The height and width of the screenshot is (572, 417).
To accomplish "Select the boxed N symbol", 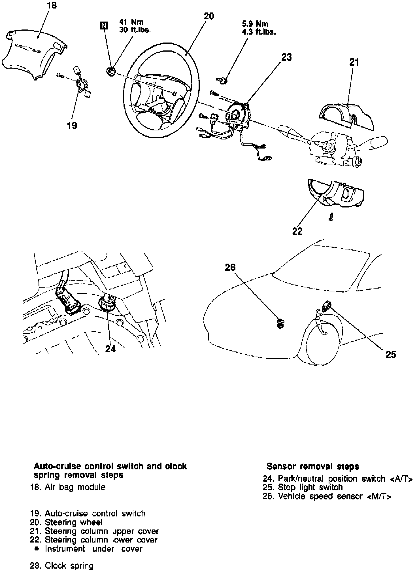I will (104, 26).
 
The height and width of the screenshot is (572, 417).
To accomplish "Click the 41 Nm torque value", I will (131, 22).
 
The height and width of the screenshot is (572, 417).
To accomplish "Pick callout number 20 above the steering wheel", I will (209, 16).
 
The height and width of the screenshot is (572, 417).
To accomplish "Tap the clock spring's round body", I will (237, 115).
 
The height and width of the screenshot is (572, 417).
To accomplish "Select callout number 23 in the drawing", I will (286, 57).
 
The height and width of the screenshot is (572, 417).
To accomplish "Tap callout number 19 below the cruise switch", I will (72, 125).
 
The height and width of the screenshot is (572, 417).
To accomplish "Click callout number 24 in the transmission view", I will (110, 349).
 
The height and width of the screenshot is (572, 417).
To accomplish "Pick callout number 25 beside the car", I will (391, 354).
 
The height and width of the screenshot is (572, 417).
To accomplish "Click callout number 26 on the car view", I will (230, 267).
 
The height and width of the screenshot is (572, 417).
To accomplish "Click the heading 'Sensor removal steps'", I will (313, 466).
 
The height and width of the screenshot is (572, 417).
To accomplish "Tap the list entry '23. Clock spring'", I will (62, 565).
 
